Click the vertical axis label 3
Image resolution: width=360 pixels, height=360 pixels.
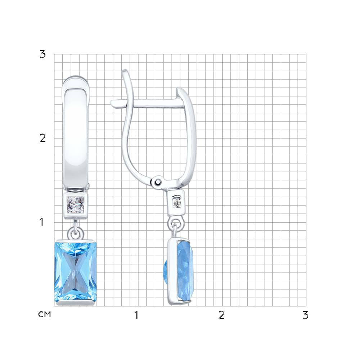click(x=43, y=54)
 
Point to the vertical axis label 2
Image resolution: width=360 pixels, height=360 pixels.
click(x=43, y=138)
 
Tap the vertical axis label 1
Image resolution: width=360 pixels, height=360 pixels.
click(x=41, y=222)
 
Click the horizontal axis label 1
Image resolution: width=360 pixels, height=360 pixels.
click(x=136, y=315)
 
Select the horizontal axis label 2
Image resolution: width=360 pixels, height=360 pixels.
click(x=221, y=315)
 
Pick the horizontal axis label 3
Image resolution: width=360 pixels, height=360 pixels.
click(x=305, y=315)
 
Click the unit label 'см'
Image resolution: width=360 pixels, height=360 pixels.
click(x=45, y=314)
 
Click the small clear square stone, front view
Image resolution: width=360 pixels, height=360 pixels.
click(x=76, y=204)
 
